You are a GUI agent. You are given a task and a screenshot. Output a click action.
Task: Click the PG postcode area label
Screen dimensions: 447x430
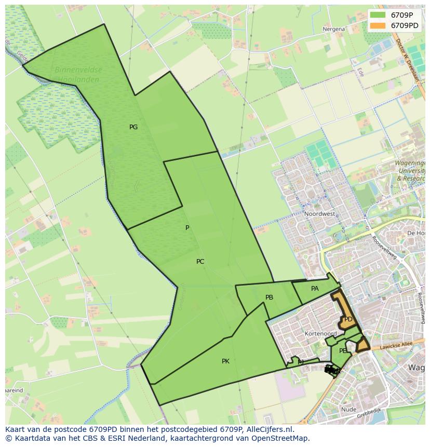(x=133, y=127)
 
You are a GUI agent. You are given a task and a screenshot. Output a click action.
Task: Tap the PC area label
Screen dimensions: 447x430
(x=200, y=262)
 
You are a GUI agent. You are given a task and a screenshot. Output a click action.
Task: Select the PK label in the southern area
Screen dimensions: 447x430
(x=225, y=361)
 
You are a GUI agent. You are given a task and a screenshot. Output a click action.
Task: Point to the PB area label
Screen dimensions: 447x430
(x=269, y=297)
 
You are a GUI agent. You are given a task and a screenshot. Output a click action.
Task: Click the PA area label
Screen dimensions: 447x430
(x=315, y=289)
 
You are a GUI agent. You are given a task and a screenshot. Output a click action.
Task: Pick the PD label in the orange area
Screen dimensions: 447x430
(x=348, y=319)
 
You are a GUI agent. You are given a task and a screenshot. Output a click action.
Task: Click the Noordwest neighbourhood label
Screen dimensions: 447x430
(x=319, y=214)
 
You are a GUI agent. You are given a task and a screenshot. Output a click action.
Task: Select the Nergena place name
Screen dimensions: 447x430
(x=333, y=29)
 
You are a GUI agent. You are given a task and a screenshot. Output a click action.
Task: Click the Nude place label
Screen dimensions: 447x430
(x=348, y=410)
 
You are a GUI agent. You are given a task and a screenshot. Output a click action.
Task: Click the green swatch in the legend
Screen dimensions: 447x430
(x=378, y=15)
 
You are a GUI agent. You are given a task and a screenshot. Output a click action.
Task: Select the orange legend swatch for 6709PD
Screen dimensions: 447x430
(x=378, y=25)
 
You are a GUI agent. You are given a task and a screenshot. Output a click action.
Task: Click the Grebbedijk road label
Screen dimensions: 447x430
(x=369, y=416)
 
